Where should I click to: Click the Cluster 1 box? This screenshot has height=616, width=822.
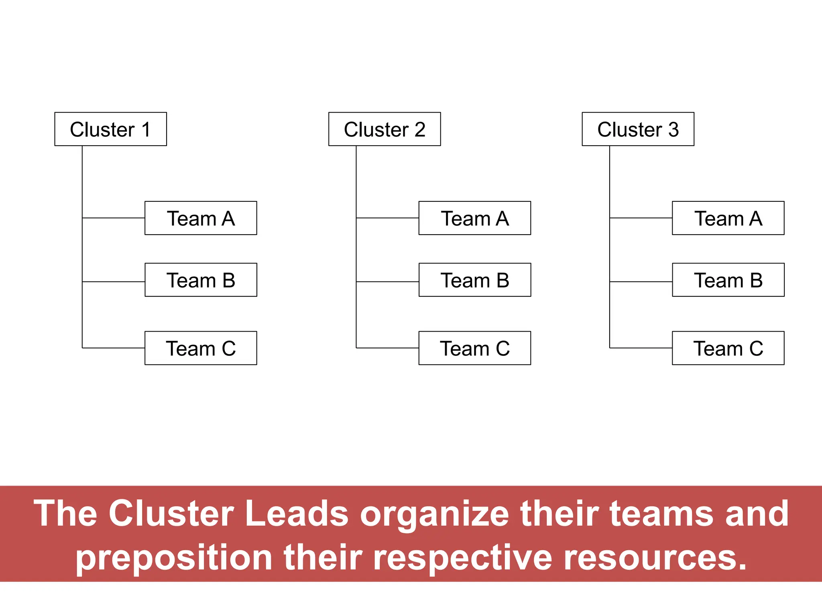point(110,129)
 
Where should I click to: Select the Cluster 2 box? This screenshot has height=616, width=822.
point(385,129)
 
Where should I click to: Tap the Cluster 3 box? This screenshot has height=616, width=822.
point(638,129)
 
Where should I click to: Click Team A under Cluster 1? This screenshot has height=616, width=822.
point(201,218)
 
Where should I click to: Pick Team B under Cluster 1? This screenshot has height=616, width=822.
point(201,280)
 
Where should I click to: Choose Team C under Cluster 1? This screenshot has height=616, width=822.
point(201,348)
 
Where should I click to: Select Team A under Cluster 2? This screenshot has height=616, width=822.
point(475,218)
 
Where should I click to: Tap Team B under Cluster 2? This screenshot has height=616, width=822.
point(475,280)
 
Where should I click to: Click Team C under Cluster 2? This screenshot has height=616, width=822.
point(475,348)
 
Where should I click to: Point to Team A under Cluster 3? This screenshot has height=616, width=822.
point(728,218)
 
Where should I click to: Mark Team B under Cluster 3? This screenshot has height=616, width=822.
point(728,280)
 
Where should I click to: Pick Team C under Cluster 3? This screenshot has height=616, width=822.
point(728,348)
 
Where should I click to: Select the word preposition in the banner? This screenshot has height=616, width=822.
point(174,559)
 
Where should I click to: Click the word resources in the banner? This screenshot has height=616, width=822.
point(655,558)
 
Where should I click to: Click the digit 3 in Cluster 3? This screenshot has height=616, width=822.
point(673,129)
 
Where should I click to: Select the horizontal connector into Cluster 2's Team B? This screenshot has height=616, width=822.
point(387,282)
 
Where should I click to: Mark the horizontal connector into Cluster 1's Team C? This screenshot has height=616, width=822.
point(114,348)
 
